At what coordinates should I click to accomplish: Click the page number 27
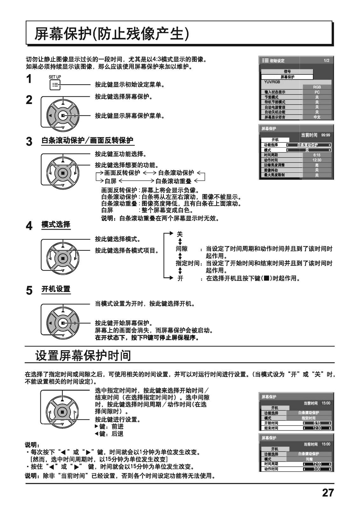328,492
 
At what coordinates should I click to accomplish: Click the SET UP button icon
55,85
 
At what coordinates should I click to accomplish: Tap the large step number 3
29,142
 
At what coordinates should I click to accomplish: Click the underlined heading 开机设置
56,289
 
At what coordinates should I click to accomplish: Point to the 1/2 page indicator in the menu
326,60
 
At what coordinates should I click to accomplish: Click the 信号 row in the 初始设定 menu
287,72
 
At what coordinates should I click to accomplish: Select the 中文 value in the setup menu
317,117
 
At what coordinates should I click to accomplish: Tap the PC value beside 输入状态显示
317,92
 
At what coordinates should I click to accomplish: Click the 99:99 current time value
326,135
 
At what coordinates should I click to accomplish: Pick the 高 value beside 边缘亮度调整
317,165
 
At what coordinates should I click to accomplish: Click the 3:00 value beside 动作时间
317,469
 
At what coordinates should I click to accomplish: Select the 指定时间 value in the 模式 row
308,418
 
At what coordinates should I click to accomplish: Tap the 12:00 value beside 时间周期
317,464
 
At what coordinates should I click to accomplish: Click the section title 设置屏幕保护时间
83,355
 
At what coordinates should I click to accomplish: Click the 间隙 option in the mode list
182,249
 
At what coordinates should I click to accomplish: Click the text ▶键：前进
109,427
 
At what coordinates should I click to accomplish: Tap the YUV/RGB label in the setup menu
270,82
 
